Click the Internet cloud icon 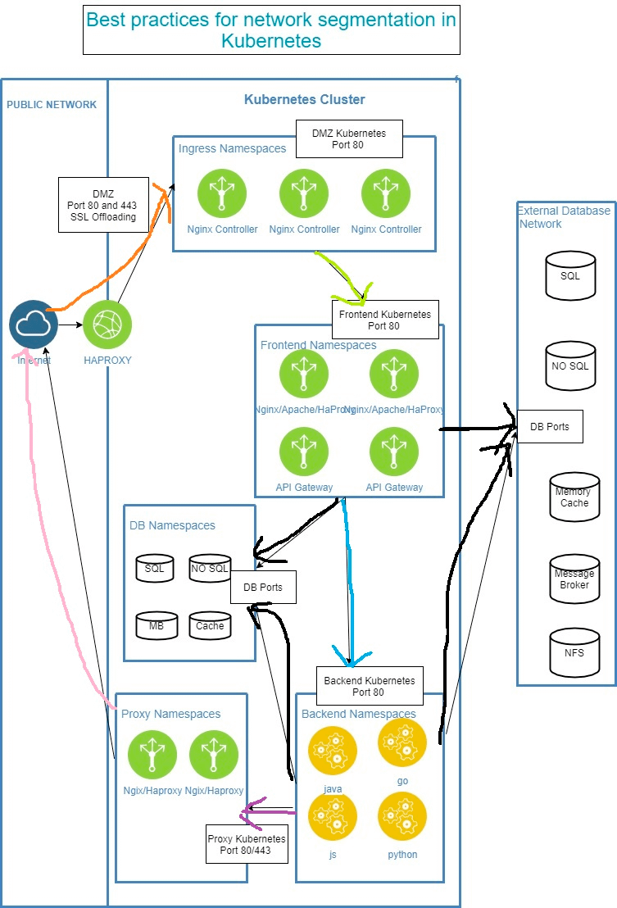click(34, 325)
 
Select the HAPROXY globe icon click(107, 325)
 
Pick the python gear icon click(402, 816)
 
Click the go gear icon click(402, 742)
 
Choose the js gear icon click(333, 816)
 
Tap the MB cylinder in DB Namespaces click(156, 625)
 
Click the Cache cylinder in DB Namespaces click(210, 625)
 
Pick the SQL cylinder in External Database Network click(570, 275)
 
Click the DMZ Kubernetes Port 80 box click(349, 138)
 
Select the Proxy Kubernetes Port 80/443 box click(247, 844)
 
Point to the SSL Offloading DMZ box click(103, 205)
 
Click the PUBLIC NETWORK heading click(52, 105)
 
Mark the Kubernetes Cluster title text click(305, 100)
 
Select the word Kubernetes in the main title click(270, 40)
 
